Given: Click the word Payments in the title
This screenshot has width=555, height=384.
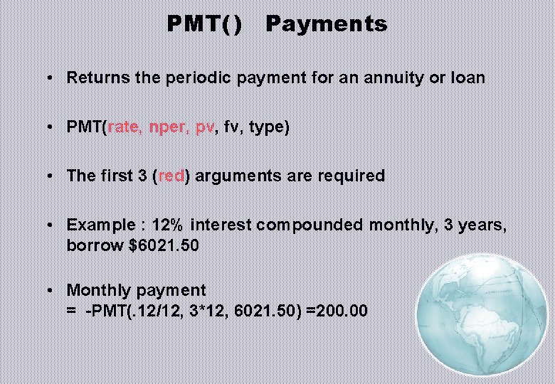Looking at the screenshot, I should [326, 24].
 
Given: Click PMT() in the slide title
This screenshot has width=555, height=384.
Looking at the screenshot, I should [205, 24].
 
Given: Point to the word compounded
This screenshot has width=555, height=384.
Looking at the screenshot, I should [311, 225].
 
